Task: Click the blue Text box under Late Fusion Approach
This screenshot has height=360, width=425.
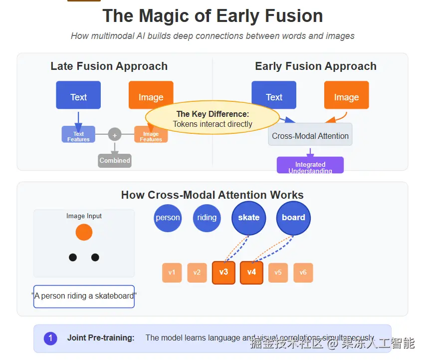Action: click(x=78, y=95)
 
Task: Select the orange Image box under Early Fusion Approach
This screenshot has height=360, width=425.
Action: click(x=346, y=95)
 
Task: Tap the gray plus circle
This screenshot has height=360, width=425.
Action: click(x=115, y=134)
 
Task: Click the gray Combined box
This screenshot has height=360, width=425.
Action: click(x=115, y=160)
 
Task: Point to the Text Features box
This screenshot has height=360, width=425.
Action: click(x=78, y=134)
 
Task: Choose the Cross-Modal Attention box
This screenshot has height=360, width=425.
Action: click(x=310, y=135)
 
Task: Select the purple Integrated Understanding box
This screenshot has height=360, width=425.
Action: click(x=310, y=165)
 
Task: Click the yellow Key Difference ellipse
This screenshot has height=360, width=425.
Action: click(x=212, y=119)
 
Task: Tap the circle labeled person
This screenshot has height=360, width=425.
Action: click(x=168, y=218)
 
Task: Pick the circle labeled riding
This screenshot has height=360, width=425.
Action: click(x=207, y=218)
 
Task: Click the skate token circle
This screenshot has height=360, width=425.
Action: click(x=248, y=218)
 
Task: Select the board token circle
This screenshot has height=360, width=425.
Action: click(x=293, y=218)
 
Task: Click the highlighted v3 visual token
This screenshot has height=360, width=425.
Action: click(x=223, y=273)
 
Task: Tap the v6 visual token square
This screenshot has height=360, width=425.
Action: click(x=303, y=273)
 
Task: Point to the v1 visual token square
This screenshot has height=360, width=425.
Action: click(x=172, y=273)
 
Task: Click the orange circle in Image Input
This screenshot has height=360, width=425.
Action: click(x=84, y=232)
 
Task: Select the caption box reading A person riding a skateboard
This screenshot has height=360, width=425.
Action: click(x=84, y=296)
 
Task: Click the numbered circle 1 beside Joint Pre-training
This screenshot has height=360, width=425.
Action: click(x=50, y=338)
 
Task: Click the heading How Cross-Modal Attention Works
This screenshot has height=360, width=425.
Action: click(x=212, y=195)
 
